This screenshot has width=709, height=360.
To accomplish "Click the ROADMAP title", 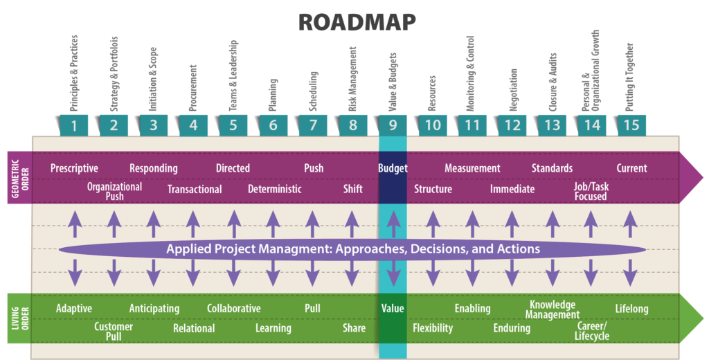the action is tap(357, 21).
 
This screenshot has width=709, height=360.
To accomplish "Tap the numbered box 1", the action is tap(73, 125).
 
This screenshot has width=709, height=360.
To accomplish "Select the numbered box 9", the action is tap(393, 125).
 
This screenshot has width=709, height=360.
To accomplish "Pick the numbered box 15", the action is tap(631, 125).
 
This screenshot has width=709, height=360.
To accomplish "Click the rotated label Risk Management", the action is tap(352, 79).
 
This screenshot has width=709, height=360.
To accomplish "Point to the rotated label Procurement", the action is tap(193, 88).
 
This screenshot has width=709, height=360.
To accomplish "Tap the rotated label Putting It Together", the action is tap(629, 78).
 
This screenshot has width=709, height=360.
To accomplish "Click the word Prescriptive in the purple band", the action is tap(74, 168).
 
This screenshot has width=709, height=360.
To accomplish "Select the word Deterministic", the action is tap(274, 189).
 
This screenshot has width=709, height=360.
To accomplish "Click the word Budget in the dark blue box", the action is tap(393, 168).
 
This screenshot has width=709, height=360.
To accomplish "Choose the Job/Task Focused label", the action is tap(591, 191).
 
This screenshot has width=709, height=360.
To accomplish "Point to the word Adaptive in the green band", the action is tap(73, 309).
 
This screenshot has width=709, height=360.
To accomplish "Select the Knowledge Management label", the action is tap(553, 309).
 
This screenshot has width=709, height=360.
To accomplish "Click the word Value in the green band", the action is tap(393, 309).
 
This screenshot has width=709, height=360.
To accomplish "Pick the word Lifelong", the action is tap(631, 309).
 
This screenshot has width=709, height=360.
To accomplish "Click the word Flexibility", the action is tap(433, 328).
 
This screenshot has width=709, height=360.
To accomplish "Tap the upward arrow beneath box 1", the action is tap(75, 224).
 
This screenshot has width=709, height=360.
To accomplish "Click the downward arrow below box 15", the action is tap(630, 273).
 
